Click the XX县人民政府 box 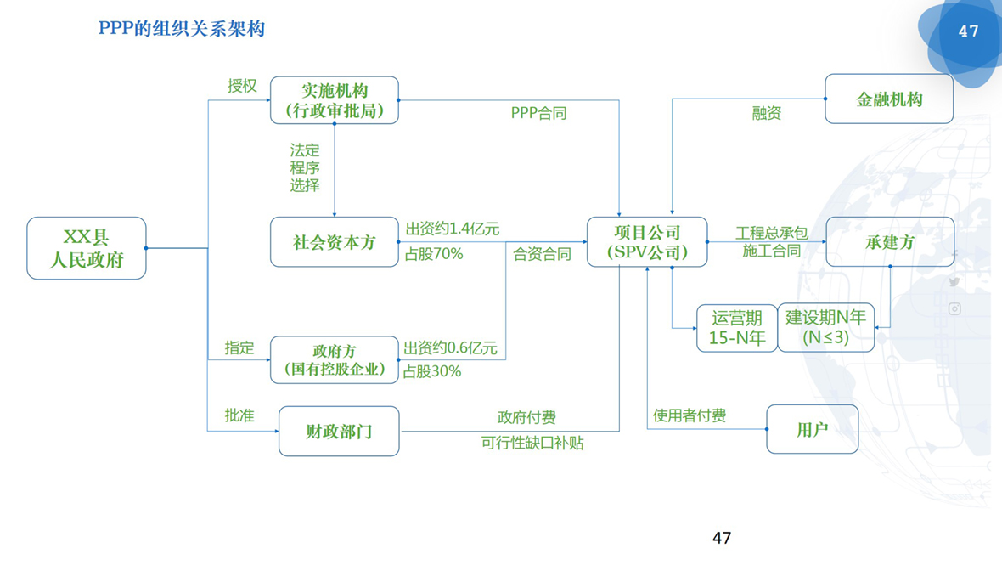87,248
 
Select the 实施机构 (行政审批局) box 335,100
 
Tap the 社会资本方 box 335,242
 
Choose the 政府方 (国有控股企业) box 335,359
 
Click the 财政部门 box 339,432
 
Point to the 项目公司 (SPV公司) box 647,242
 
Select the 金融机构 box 889,99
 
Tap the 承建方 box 890,242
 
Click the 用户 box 812,429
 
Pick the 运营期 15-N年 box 736,328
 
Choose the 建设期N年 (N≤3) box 825,328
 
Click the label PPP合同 538,113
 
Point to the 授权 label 241,86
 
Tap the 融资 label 766,113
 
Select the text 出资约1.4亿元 452,229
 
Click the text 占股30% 432,371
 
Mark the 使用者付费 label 689,415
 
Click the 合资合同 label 542,253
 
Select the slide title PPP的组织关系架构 182,29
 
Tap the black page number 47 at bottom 722,537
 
